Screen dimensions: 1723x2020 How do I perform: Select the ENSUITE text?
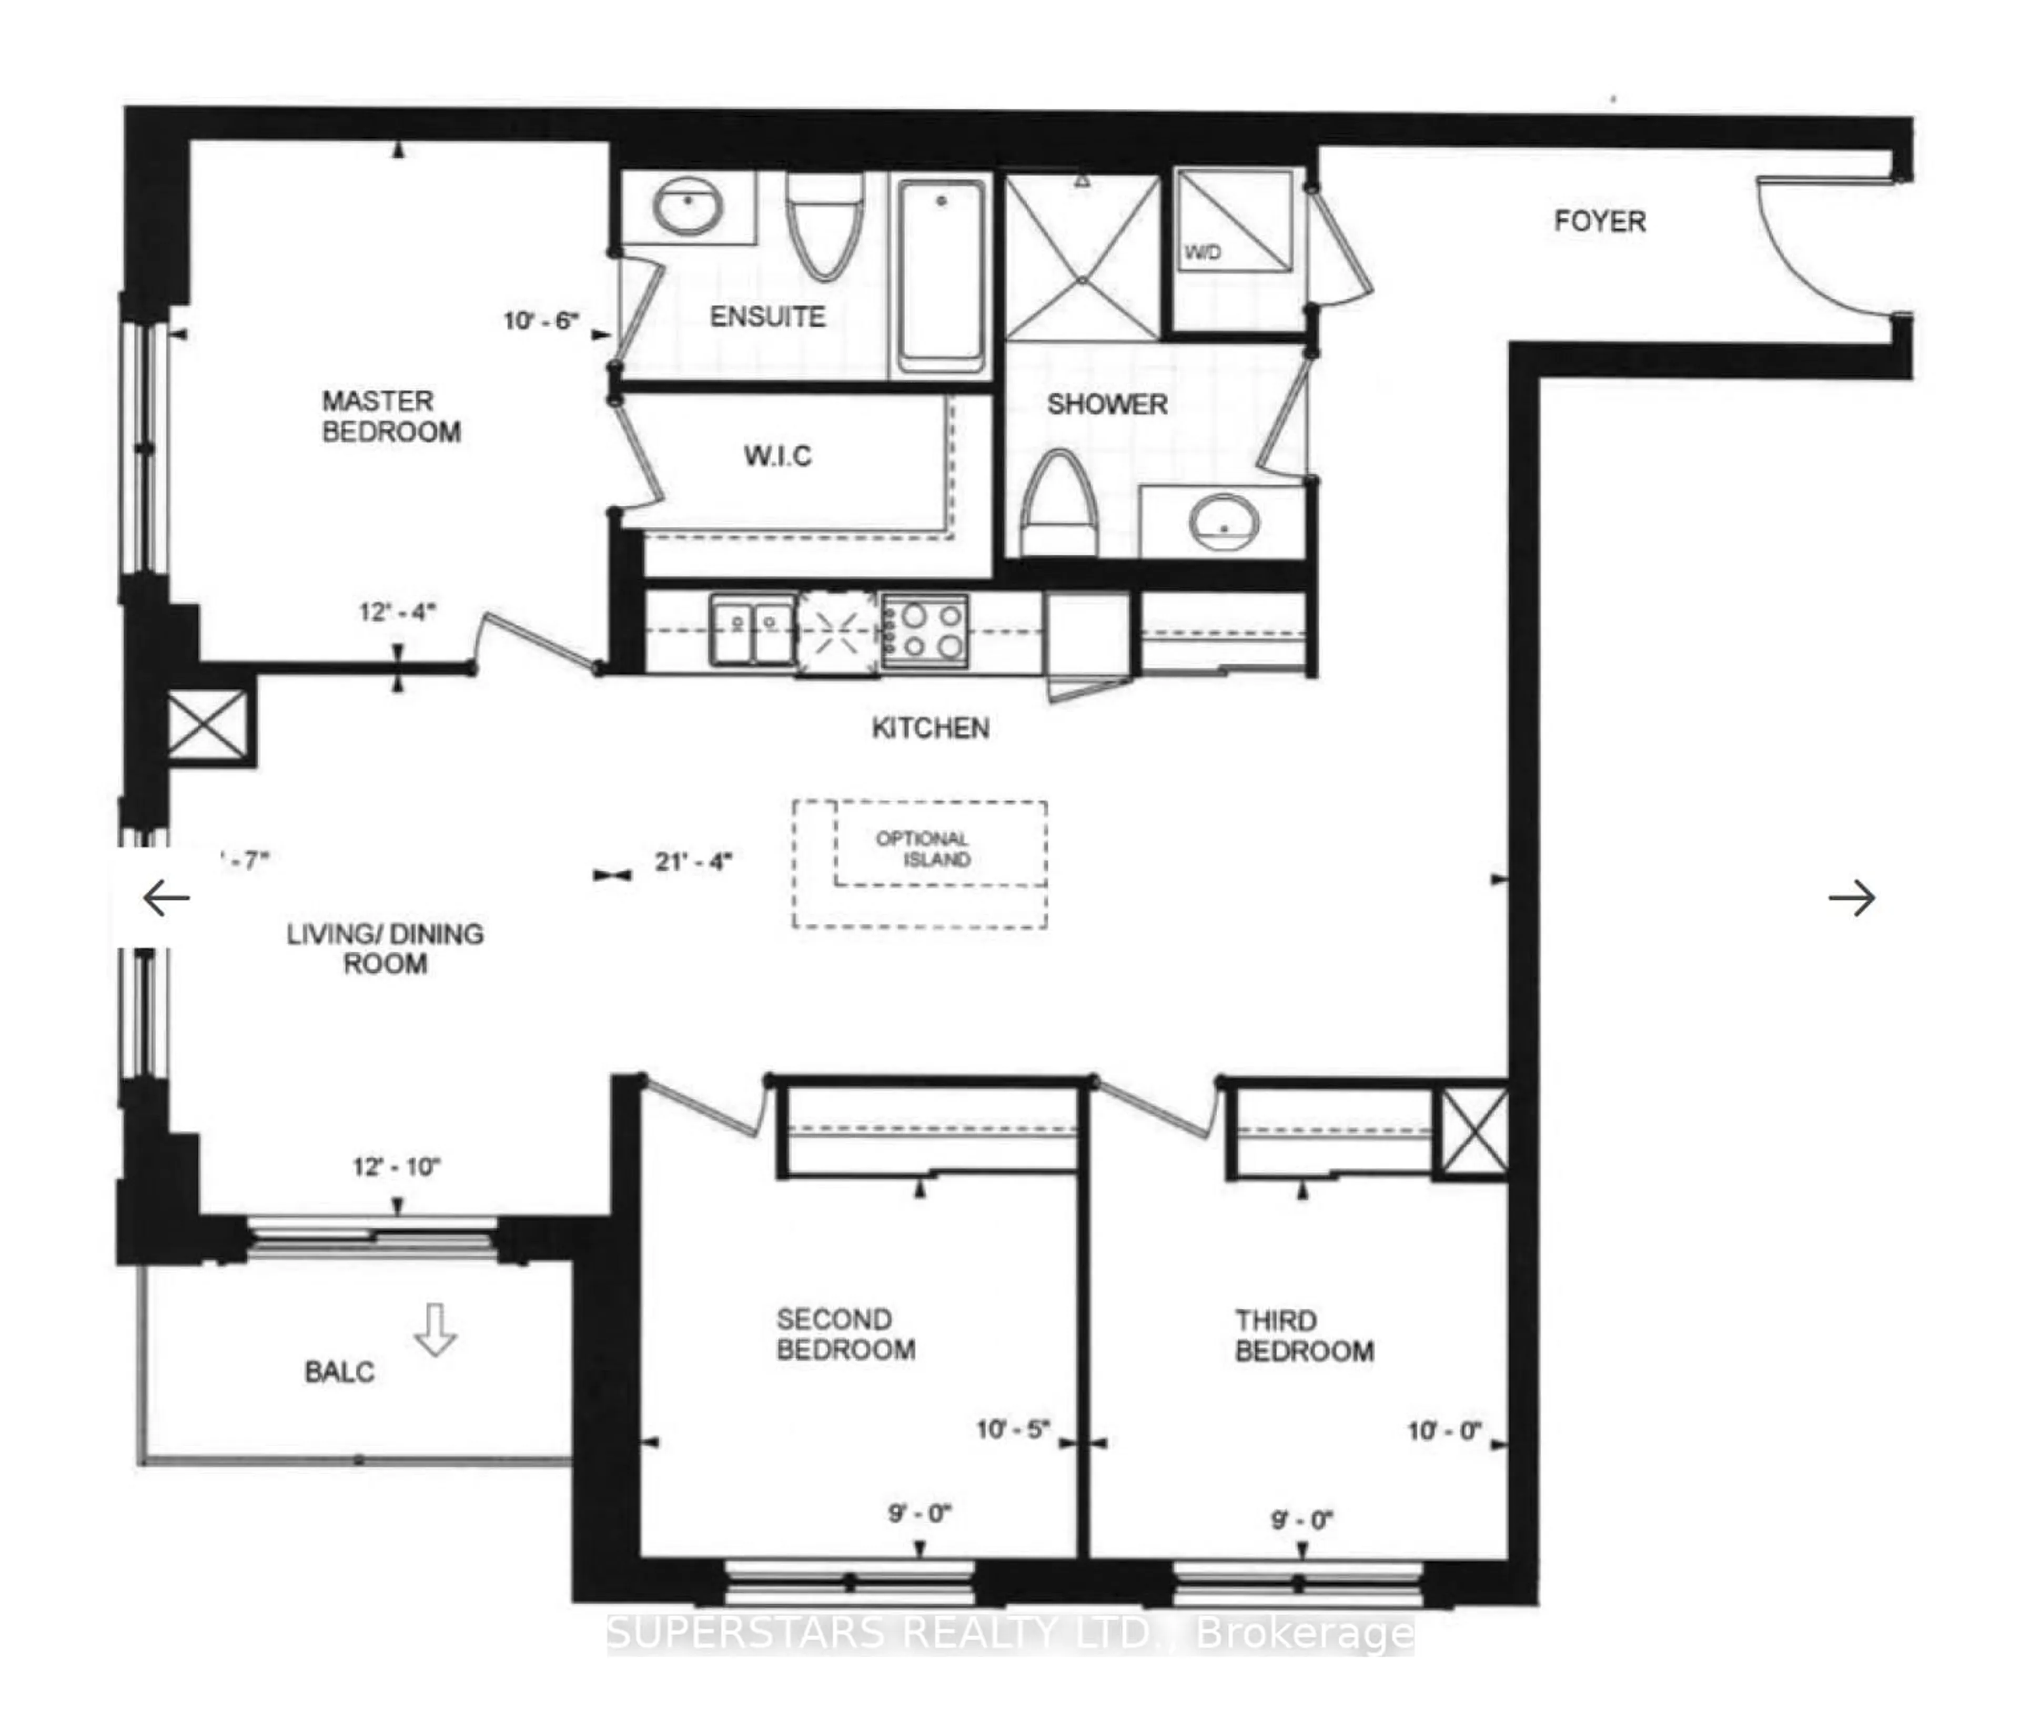(767, 317)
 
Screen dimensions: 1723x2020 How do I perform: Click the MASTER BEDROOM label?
(391, 416)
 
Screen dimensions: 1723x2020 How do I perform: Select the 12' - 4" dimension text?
(397, 612)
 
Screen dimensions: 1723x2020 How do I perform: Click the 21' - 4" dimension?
(693, 861)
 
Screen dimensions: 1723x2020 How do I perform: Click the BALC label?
(339, 1372)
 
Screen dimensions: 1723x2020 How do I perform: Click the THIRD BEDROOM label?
(1304, 1336)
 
